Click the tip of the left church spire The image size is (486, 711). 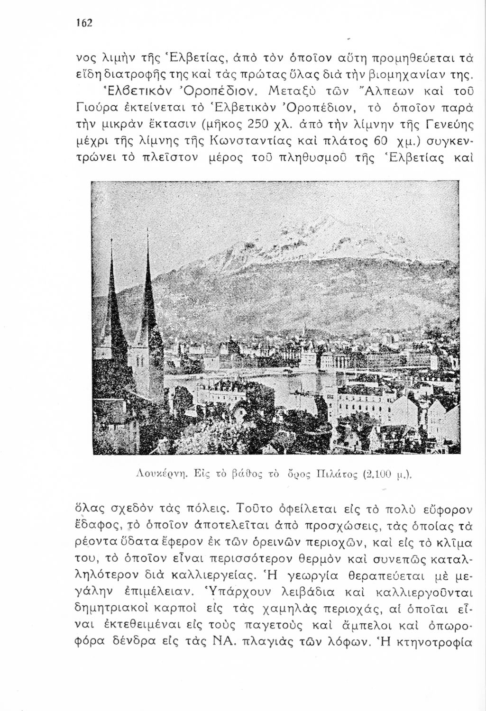coord(112,240)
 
